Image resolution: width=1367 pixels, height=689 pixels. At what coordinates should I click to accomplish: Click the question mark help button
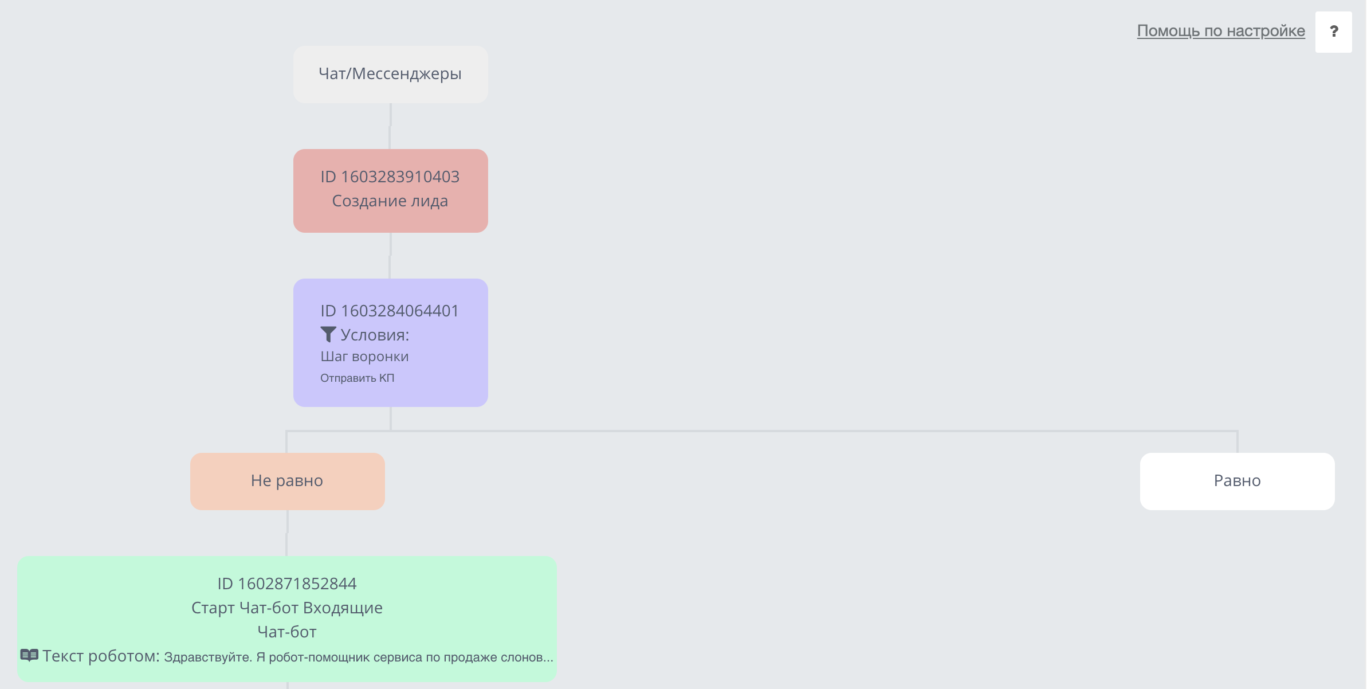coord(1333,32)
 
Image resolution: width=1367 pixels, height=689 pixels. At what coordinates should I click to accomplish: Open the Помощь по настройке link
coord(1221,31)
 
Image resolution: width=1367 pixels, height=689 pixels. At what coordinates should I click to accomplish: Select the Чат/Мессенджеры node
coord(391,75)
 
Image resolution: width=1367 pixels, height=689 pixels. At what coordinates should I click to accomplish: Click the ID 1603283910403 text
coord(390,177)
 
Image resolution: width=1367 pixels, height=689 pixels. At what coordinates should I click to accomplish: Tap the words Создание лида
coord(390,201)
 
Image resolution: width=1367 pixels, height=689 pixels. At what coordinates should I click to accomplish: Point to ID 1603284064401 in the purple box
coord(390,311)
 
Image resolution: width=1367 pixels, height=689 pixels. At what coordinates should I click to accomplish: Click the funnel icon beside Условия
coord(328,334)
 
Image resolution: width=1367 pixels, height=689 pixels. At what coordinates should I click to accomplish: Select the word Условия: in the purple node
coord(375,335)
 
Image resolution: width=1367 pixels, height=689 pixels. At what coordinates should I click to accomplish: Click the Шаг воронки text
coord(364,357)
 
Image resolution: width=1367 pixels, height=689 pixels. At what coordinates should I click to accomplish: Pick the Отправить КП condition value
coord(358,378)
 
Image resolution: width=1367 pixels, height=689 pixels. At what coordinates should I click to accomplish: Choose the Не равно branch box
coord(288,481)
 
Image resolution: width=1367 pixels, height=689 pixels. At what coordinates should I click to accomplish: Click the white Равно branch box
coord(1238,481)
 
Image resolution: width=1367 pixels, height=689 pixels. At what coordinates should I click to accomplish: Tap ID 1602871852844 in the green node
coord(287,584)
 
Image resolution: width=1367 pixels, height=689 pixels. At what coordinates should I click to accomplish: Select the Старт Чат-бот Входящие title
coord(287,608)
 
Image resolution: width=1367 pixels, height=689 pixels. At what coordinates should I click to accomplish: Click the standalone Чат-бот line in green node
coord(287,632)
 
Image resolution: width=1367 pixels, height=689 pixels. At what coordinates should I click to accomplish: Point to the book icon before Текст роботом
coord(29,655)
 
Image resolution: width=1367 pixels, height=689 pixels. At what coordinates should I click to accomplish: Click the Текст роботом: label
coord(101,656)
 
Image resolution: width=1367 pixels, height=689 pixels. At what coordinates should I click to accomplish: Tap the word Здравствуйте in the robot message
coord(208,657)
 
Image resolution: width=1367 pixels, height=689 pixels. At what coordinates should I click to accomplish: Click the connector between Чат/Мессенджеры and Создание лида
coord(390,126)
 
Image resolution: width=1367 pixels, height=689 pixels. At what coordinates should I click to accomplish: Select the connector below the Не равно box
coord(287,533)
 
